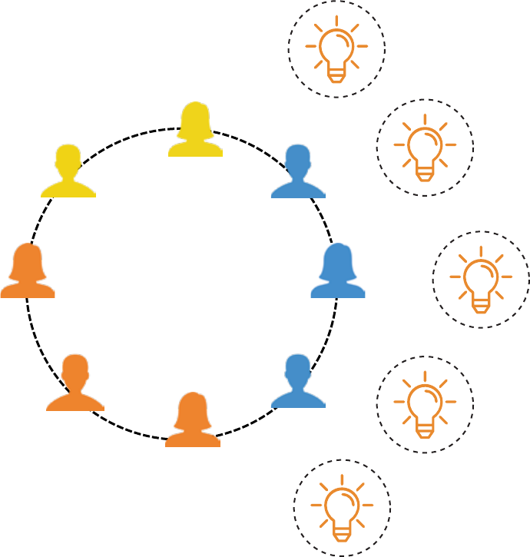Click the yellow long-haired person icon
195,131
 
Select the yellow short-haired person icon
68,173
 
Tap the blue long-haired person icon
337,272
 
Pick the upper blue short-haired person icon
298,173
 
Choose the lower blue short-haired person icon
298,382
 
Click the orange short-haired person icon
75,384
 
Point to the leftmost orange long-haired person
28,272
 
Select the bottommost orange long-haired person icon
193,421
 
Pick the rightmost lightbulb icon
481,280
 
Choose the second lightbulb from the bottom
425,405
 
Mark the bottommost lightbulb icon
342,508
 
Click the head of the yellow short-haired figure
68,159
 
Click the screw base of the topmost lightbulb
336,75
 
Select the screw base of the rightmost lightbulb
481,306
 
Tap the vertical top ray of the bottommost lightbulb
342,479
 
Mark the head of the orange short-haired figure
75,370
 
